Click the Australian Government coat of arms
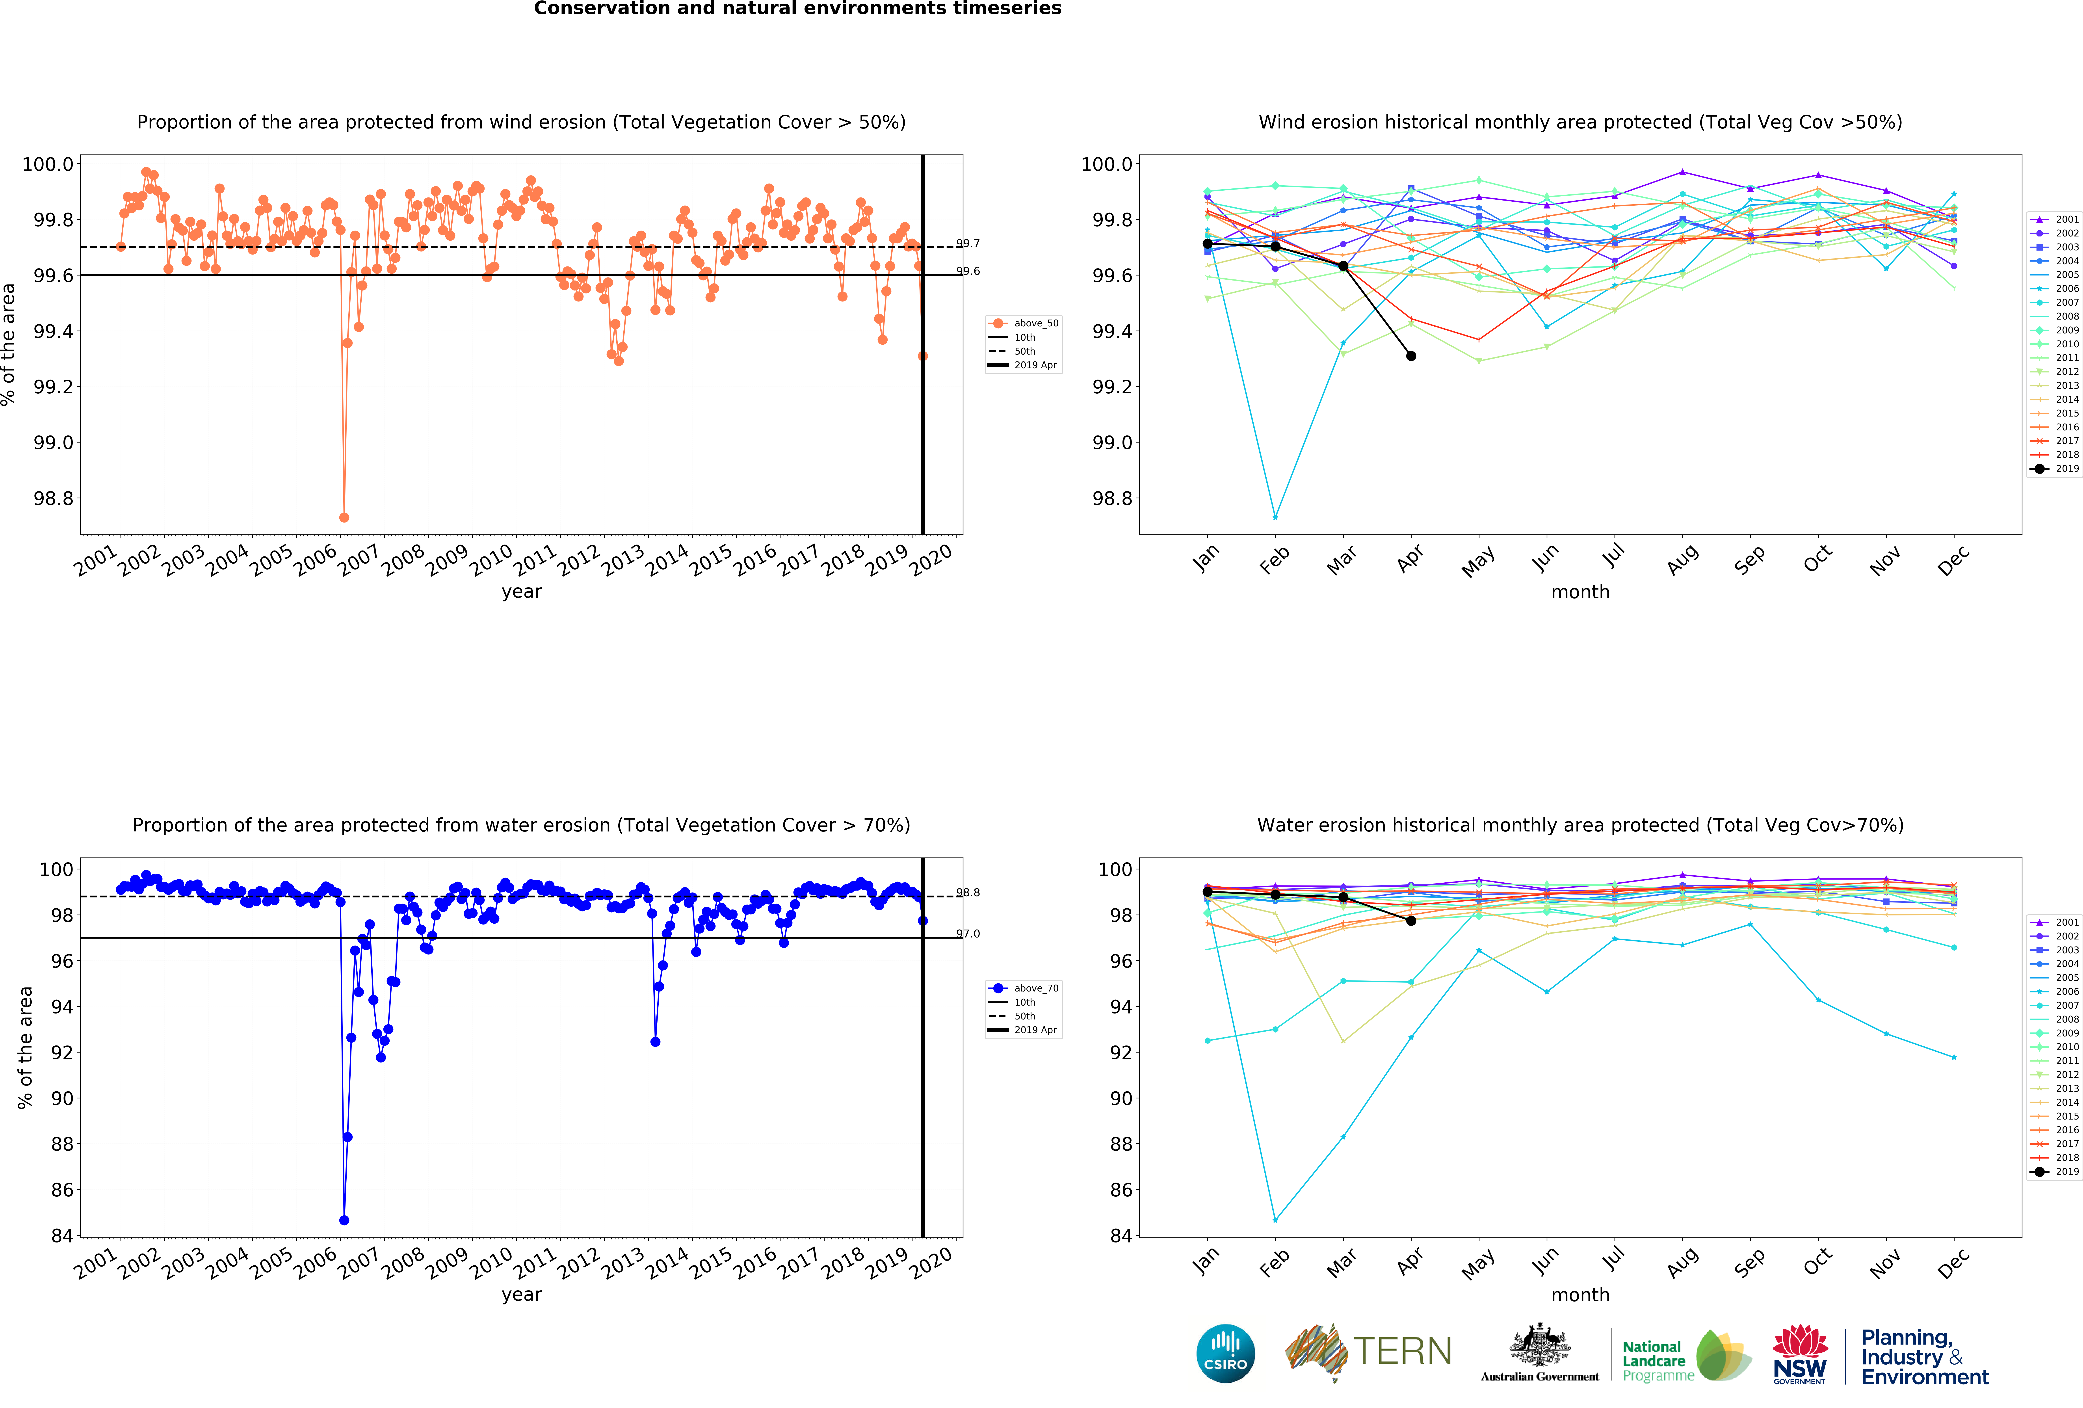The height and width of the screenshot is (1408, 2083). pyautogui.click(x=1539, y=1344)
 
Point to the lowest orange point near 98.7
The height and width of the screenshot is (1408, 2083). pyautogui.click(x=344, y=517)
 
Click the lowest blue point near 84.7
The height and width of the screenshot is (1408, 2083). pyautogui.click(x=344, y=1220)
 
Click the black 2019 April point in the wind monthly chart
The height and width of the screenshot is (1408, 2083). pyautogui.click(x=1411, y=356)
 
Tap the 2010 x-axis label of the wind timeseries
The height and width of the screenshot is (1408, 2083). pyautogui.click(x=491, y=560)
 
